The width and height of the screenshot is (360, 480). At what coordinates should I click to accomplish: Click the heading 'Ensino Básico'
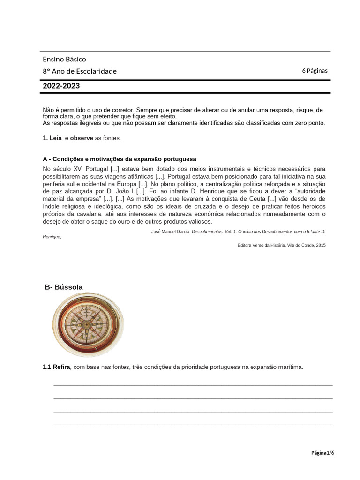[x=64, y=59]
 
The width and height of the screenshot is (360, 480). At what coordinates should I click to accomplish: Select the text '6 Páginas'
[x=315, y=71]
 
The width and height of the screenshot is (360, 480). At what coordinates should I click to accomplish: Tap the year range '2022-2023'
[x=61, y=86]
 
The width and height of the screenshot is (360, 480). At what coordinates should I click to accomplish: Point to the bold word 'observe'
[x=82, y=138]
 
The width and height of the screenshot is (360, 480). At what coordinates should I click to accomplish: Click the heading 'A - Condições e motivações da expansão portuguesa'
[x=120, y=159]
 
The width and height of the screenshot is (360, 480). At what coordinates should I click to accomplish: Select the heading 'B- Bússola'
[x=64, y=287]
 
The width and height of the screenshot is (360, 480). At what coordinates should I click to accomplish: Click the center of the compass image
[x=88, y=324]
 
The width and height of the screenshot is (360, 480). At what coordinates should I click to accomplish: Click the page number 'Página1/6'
[x=323, y=452]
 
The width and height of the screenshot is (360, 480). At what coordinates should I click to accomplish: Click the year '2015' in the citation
[x=321, y=245]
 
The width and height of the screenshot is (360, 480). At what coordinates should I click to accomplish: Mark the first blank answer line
[x=193, y=384]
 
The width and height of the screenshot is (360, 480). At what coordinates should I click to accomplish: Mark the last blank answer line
[x=193, y=424]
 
